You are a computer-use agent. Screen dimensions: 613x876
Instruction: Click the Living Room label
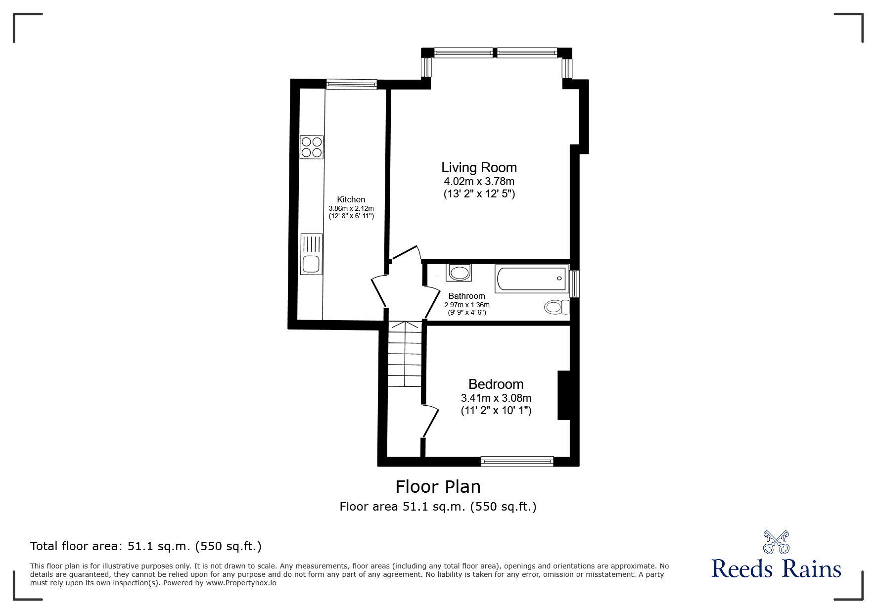coord(479,168)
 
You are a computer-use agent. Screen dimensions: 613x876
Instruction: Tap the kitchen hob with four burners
coord(312,147)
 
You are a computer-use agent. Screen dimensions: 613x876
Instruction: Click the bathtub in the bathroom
coord(531,279)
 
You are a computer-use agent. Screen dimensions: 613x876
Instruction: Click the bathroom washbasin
coord(459,273)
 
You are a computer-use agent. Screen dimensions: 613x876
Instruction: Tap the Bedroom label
coord(496,384)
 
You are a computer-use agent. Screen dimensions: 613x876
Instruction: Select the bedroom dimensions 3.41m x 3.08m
coord(496,398)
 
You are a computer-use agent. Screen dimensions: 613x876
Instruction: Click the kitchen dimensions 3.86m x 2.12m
coord(351,209)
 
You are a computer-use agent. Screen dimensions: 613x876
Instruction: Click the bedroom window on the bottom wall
coord(517,462)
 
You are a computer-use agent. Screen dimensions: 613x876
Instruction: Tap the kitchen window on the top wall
coord(351,85)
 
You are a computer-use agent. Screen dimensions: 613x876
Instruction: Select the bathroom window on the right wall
coord(574,283)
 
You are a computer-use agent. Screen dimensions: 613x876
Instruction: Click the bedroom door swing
coord(431,421)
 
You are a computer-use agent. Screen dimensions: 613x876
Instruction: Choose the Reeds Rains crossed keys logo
coord(776,542)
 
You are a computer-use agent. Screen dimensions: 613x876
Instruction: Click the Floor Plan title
coord(438,487)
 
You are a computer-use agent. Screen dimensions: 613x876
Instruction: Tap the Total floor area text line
coord(146,546)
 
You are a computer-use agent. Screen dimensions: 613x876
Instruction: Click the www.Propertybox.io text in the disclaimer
coord(241,583)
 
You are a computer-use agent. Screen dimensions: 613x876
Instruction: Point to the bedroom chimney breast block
coord(564,395)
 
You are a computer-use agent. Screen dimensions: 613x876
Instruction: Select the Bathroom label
coord(466,296)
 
